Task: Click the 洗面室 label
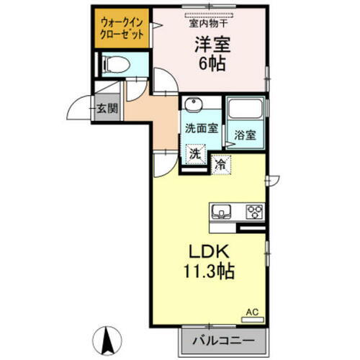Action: (202, 130)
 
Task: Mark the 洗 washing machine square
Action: (195, 154)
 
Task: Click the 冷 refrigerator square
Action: (220, 165)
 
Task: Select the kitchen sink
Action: (220, 211)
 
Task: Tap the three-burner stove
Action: (255, 212)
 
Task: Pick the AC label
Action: (251, 312)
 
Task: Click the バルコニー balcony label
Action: (229, 338)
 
